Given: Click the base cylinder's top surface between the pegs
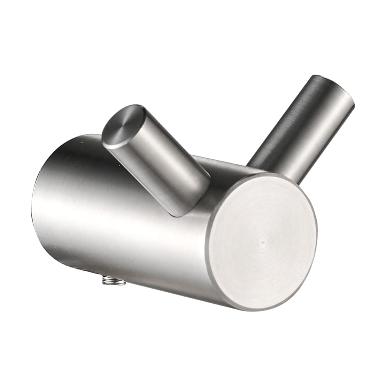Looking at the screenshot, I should tap(225, 164).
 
